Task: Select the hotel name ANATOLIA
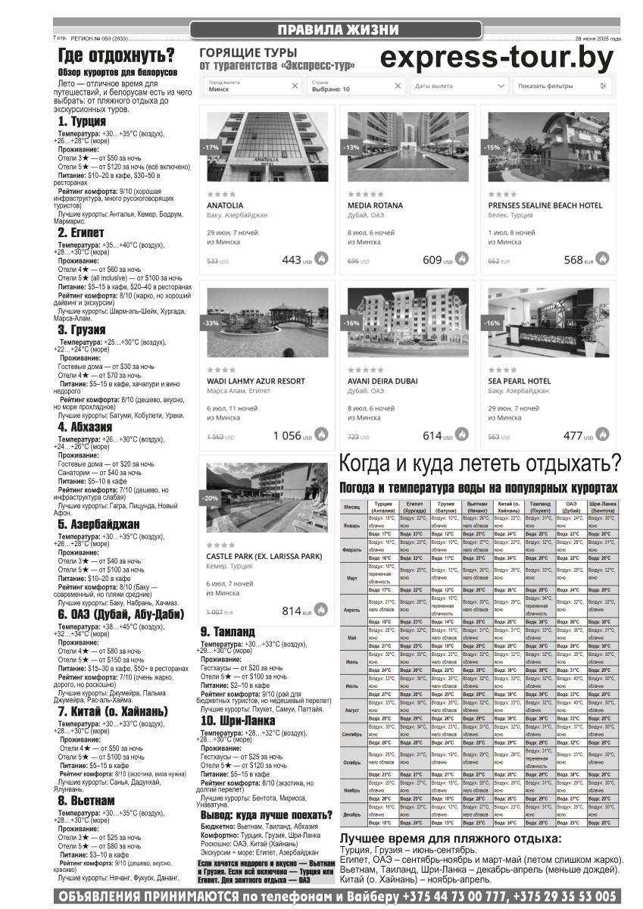226,205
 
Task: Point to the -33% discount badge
211,323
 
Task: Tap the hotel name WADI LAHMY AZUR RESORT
250,381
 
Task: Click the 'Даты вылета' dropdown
459,86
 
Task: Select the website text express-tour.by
496,58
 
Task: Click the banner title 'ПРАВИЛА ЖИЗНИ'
337,30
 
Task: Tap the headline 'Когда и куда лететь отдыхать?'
480,462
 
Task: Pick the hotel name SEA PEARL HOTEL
519,381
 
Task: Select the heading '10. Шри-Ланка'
238,720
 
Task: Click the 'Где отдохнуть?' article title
117,55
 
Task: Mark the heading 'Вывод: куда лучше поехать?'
267,815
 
